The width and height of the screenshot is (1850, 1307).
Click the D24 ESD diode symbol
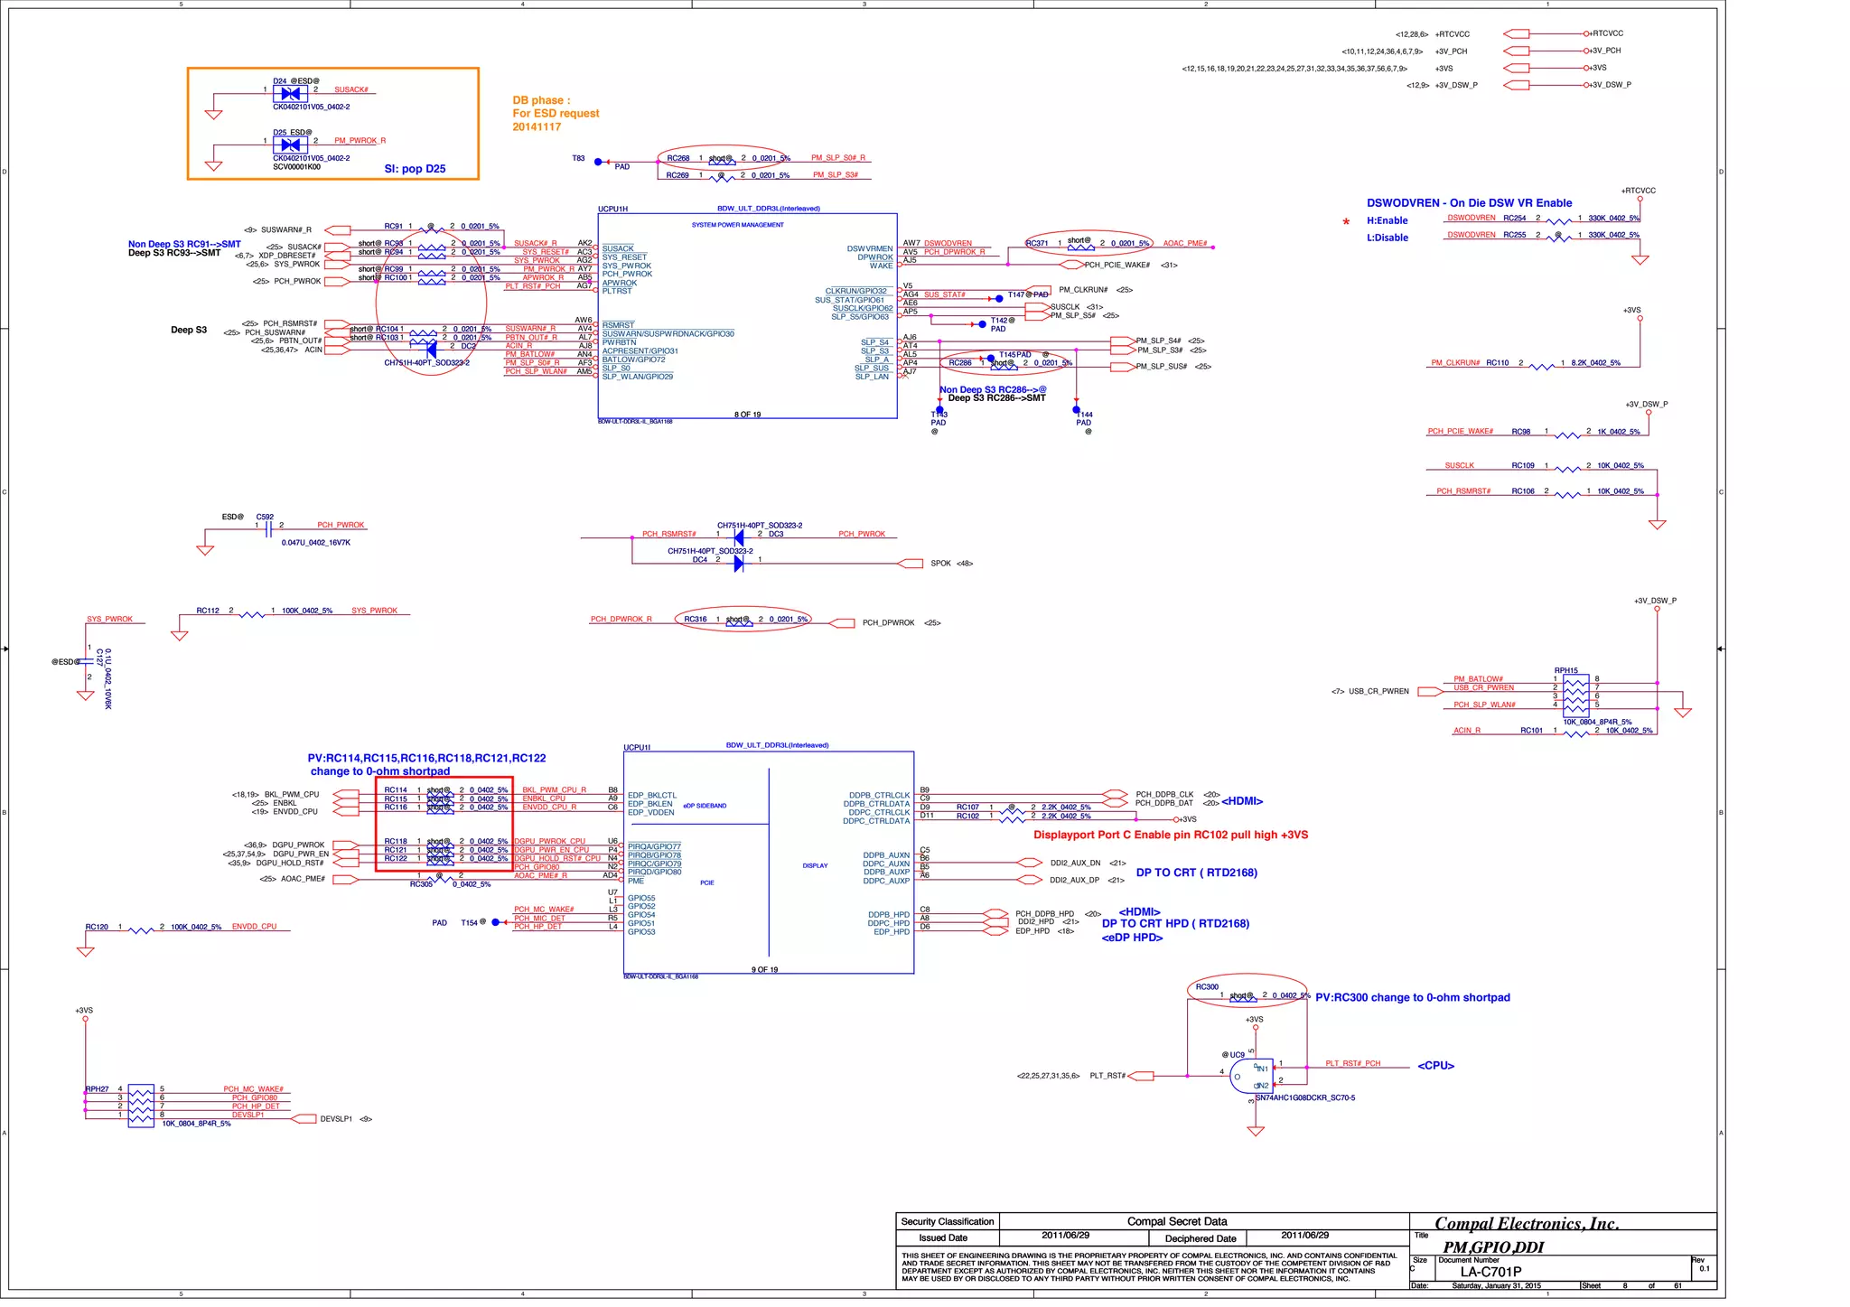coord(290,93)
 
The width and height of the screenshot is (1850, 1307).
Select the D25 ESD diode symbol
coord(290,145)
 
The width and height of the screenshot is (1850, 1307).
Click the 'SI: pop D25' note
coord(415,169)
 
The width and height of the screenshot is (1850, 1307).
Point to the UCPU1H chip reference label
coord(612,209)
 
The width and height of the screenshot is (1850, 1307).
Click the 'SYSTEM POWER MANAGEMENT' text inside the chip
coord(737,225)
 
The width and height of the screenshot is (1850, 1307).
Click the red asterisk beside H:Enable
coord(1346,222)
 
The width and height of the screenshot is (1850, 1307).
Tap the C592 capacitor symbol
coord(268,530)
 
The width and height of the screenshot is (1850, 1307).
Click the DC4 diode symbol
coord(739,564)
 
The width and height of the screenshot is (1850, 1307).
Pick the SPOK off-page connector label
coord(940,564)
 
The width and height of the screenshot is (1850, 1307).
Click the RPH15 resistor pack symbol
coord(1575,696)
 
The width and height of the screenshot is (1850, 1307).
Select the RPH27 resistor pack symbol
coord(141,1106)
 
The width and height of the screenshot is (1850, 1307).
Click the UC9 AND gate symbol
coord(1251,1077)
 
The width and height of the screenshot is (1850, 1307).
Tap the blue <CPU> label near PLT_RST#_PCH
coord(1435,1066)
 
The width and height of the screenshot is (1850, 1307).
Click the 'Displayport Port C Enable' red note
coord(1170,835)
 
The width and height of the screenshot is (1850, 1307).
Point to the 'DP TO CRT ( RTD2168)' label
coord(1196,873)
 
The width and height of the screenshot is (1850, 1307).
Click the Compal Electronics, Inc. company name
coord(1526,1224)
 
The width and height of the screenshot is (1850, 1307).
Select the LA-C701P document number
coord(1490,1272)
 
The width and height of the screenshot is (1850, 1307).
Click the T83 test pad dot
coord(598,163)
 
